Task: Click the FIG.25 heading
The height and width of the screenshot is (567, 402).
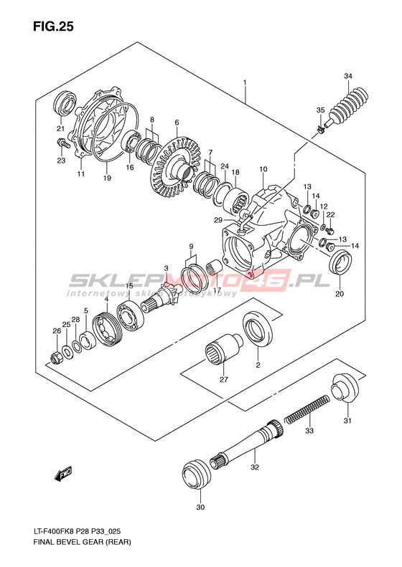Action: (x=53, y=26)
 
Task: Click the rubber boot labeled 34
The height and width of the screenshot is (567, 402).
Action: (x=347, y=106)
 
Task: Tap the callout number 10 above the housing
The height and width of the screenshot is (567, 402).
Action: (x=263, y=169)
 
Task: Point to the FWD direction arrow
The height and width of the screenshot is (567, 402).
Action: (x=63, y=474)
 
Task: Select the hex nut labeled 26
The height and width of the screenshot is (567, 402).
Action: (x=57, y=357)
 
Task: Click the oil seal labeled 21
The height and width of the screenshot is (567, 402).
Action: (x=65, y=102)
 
